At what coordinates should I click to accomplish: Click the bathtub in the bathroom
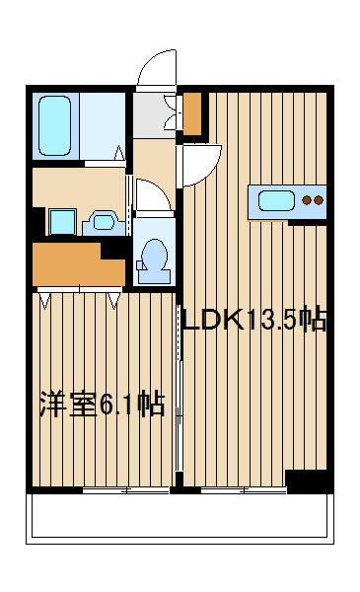pos(54,125)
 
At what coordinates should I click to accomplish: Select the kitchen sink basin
pos(276,200)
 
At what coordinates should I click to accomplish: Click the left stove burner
pos(308,200)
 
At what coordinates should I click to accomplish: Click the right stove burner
pos(319,200)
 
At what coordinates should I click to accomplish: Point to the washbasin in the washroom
pos(103,223)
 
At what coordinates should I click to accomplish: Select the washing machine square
pos(63,222)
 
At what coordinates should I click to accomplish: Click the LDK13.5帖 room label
pos(254,320)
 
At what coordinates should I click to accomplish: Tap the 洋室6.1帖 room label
pos(103,405)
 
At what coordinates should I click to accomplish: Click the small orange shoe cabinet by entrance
pos(192,113)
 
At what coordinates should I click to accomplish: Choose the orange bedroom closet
pos(79,264)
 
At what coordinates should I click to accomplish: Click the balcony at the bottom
pos(180,518)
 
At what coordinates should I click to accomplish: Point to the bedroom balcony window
pos(125,490)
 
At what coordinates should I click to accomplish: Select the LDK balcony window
pos(244,490)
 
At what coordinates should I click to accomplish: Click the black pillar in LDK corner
pos(306,481)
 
